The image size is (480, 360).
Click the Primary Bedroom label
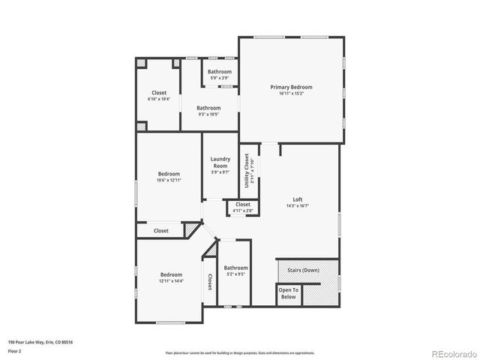[x=291, y=87]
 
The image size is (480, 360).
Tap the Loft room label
[x=298, y=199]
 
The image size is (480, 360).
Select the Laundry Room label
[x=220, y=162]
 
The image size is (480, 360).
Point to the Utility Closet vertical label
[x=246, y=170]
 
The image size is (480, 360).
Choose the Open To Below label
[x=288, y=293]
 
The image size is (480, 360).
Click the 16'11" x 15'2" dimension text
[x=291, y=94]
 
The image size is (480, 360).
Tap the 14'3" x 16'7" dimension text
[x=298, y=205]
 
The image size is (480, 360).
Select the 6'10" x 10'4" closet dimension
[x=159, y=99]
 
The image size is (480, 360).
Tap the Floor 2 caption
[x=15, y=351]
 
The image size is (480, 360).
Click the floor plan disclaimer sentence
[x=239, y=352]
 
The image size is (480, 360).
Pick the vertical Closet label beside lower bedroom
[x=209, y=281]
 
